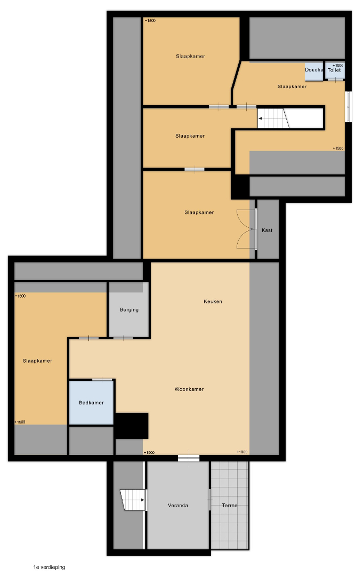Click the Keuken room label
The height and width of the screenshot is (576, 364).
213,301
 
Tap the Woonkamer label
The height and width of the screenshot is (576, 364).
189,389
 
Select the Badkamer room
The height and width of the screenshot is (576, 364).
91,403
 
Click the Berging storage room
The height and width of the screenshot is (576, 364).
129,310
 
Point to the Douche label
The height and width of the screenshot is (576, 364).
314,70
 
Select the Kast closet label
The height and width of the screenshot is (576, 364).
267,230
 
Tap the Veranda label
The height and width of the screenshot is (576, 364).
178,506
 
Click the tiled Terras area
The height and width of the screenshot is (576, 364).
230,506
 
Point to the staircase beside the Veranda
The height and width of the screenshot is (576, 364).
133,500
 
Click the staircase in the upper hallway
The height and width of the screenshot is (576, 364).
273,118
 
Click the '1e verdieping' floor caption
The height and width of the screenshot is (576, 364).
49,567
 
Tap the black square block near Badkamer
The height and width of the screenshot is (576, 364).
132,426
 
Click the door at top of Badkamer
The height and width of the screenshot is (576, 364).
102,380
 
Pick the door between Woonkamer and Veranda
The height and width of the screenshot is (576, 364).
189,458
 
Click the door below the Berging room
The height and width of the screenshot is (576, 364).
123,338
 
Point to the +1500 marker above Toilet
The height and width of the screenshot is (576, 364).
338,66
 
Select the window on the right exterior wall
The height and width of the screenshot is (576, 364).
348,107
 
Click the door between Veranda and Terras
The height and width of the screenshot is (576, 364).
210,500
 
